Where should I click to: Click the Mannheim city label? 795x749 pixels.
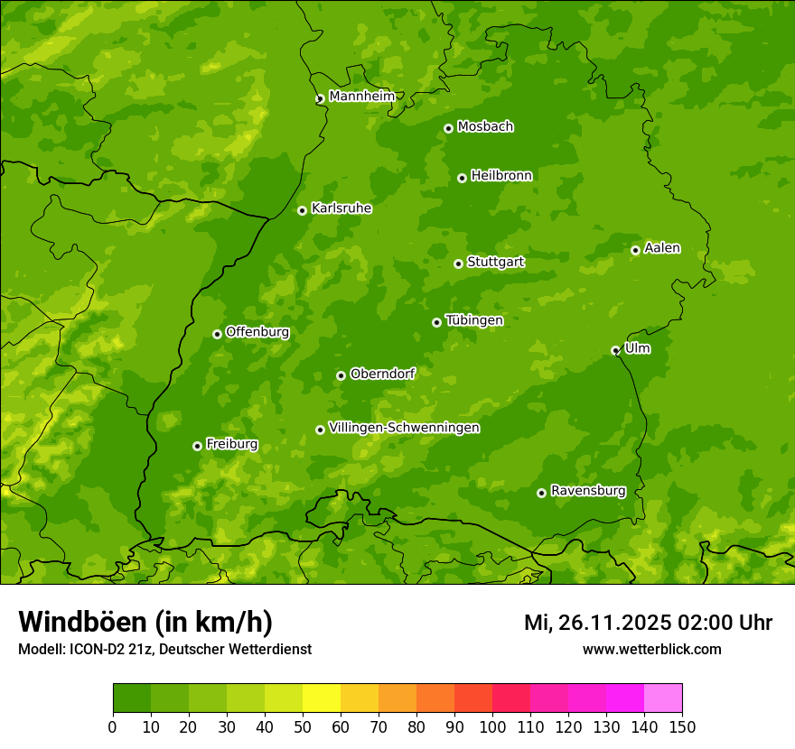pyautogui.click(x=362, y=96)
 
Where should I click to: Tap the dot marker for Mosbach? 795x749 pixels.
pyautogui.click(x=448, y=128)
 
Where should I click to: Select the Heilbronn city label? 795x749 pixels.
pyautogui.click(x=501, y=175)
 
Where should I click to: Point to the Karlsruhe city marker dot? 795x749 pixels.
pyautogui.click(x=302, y=210)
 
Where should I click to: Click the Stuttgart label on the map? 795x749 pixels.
pyautogui.click(x=495, y=262)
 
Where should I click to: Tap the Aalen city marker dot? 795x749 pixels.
pyautogui.click(x=635, y=250)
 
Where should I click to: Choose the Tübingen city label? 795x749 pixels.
pyautogui.click(x=474, y=320)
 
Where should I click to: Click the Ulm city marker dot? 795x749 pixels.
pyautogui.click(x=615, y=350)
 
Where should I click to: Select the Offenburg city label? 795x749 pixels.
pyautogui.click(x=257, y=331)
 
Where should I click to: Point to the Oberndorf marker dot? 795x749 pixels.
pyautogui.click(x=341, y=375)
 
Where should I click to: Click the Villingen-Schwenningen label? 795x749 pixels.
pyautogui.click(x=404, y=427)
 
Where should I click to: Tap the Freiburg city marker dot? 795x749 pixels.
pyautogui.click(x=197, y=446)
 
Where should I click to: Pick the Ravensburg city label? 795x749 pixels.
pyautogui.click(x=588, y=491)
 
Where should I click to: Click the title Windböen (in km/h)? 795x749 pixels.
pyautogui.click(x=145, y=622)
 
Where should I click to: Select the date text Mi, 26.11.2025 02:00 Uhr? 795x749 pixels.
pyautogui.click(x=648, y=623)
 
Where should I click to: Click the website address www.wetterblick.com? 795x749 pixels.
pyautogui.click(x=651, y=649)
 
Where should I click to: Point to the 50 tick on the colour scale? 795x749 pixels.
pyautogui.click(x=303, y=726)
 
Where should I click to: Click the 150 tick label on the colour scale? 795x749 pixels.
pyautogui.click(x=681, y=726)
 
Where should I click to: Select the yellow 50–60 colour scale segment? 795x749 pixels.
pyautogui.click(x=322, y=698)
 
